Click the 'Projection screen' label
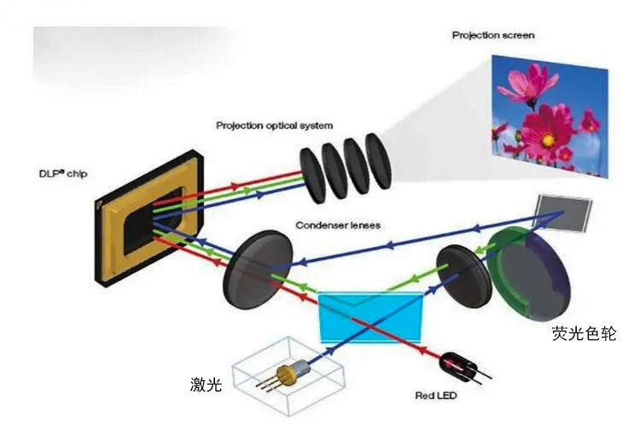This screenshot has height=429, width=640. coord(493,37)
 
